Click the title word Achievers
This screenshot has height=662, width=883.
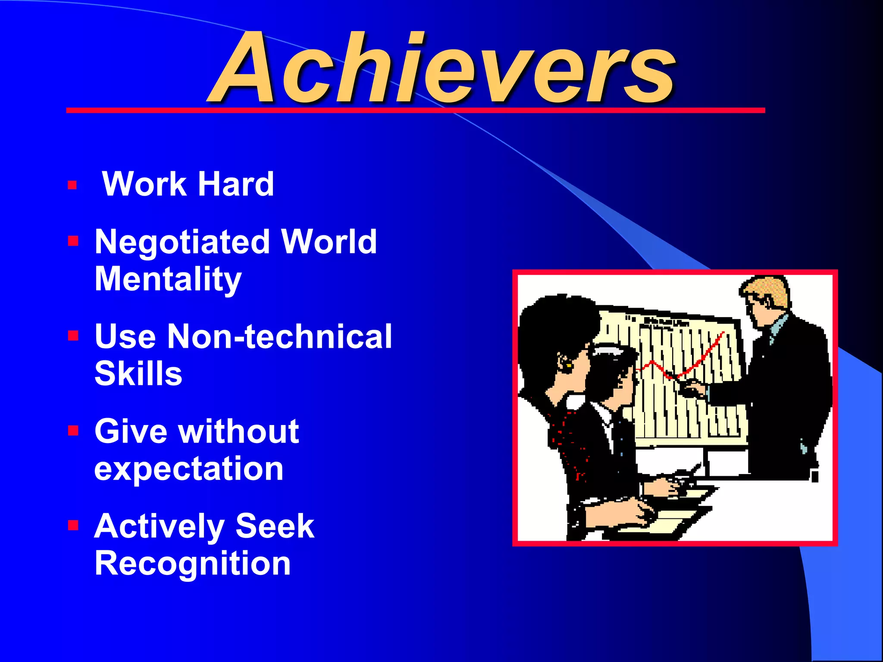click(x=442, y=69)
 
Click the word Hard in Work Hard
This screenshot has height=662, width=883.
click(x=236, y=184)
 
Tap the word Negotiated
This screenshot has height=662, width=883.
click(x=182, y=242)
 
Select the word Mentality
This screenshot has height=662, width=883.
click(x=168, y=279)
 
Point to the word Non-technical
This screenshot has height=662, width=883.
click(x=279, y=337)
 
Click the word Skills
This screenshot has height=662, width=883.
click(x=138, y=374)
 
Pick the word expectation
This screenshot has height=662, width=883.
click(x=189, y=468)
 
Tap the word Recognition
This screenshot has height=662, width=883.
click(x=192, y=563)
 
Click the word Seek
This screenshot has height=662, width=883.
click(x=275, y=526)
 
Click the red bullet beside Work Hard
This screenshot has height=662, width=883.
click(x=72, y=186)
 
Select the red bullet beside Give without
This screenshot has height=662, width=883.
click(x=73, y=431)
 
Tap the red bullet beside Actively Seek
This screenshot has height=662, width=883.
click(x=73, y=525)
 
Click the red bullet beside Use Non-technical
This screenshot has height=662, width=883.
click(x=73, y=336)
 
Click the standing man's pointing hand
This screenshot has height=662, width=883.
click(x=692, y=390)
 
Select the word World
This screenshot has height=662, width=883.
click(x=329, y=242)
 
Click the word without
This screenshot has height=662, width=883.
click(x=240, y=431)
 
